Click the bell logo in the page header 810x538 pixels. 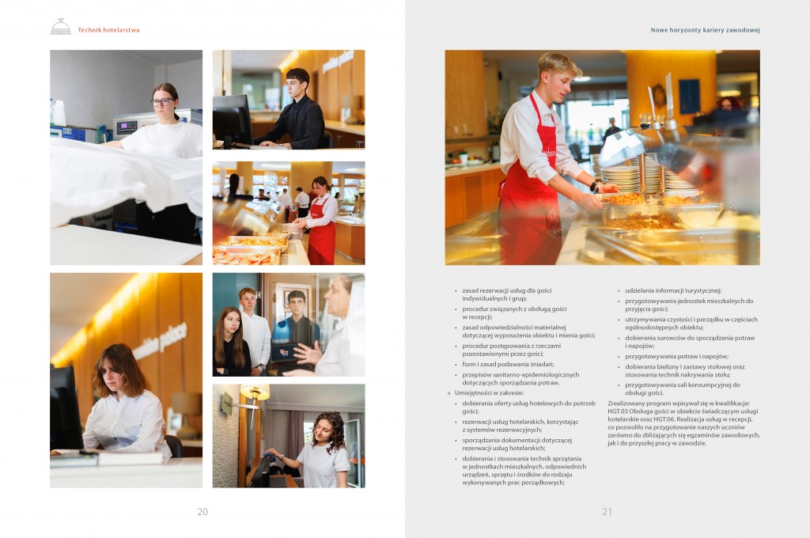click(60, 27)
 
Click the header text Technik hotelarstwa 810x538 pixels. click(108, 30)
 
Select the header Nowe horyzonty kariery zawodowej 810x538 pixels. click(705, 30)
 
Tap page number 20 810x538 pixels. click(202, 512)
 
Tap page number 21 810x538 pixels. click(607, 512)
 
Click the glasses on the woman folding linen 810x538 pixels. click(162, 102)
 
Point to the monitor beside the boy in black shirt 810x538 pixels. click(232, 120)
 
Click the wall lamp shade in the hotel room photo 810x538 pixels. click(255, 392)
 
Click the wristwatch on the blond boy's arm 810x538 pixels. click(594, 186)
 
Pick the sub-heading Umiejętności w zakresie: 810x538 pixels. click(489, 392)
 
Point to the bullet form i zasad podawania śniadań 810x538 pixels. click(508, 365)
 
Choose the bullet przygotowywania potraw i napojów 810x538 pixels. click(677, 356)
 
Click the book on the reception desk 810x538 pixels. click(129, 457)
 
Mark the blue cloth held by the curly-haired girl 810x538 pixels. click(269, 455)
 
